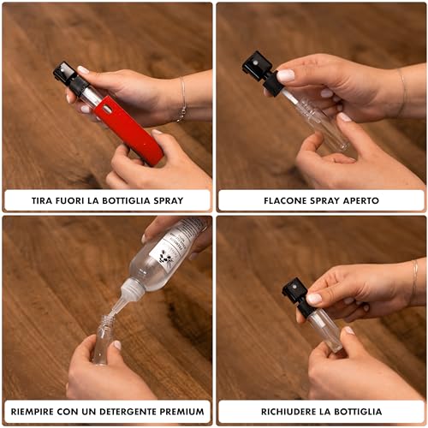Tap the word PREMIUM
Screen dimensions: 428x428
pos(181,412)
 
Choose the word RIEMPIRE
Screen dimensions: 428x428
pos(33,412)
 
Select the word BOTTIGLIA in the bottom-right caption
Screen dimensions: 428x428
pos(358,412)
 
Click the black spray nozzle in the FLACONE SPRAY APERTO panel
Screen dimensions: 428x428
pos(261,73)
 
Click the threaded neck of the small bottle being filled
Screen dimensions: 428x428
pos(106,321)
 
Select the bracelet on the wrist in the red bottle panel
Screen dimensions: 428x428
pos(182,100)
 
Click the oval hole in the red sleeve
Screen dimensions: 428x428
pos(107,109)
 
